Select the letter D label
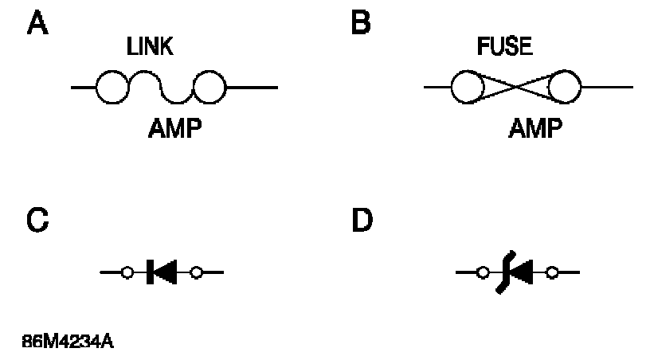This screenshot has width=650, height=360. click(x=362, y=220)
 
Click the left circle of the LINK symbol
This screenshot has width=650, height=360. click(x=112, y=87)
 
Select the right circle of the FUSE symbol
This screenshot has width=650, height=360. click(x=566, y=87)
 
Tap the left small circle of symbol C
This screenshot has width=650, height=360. click(x=127, y=273)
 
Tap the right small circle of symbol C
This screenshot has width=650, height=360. click(x=196, y=273)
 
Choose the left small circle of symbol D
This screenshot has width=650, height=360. click(x=482, y=273)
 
